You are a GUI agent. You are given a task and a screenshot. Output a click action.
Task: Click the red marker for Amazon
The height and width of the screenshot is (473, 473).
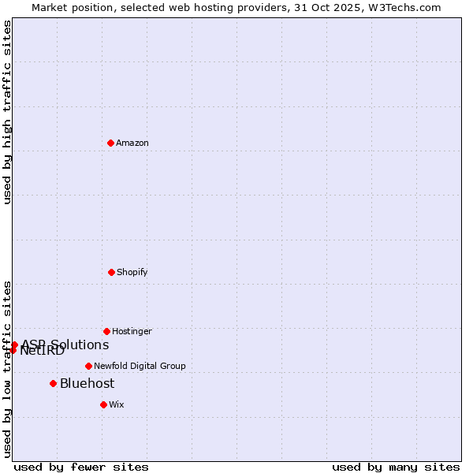point(111,143)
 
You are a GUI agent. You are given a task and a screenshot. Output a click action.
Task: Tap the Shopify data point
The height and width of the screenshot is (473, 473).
point(111,272)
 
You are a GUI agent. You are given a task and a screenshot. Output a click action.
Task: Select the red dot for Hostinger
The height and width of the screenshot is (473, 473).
point(106,331)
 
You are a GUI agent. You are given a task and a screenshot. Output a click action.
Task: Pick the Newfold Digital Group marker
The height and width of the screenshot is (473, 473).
point(88,366)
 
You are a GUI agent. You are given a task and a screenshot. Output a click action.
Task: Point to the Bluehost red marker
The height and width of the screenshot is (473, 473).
point(53,383)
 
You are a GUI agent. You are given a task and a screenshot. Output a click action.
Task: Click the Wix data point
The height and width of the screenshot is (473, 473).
point(103,404)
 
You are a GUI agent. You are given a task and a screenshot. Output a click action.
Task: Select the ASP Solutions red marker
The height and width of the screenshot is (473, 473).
point(14,345)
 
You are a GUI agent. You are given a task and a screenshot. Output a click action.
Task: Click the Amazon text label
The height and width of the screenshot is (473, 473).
point(132,143)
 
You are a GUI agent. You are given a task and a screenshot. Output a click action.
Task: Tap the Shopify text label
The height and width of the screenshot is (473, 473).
point(132,273)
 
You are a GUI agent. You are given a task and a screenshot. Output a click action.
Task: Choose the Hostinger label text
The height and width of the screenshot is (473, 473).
point(132,332)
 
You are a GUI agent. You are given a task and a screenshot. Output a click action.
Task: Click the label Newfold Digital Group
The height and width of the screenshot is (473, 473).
point(140,367)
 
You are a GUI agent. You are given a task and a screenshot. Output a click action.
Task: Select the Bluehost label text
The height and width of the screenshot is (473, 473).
point(87,384)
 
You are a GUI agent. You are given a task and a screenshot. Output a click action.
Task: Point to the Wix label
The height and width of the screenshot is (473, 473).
point(117,405)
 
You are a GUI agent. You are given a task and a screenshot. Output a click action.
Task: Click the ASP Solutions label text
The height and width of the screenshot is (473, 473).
point(65,345)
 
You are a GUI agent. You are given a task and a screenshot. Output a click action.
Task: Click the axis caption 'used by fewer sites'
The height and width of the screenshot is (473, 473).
point(81,467)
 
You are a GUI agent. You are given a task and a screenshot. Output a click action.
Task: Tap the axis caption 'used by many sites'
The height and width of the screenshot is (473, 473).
point(396,467)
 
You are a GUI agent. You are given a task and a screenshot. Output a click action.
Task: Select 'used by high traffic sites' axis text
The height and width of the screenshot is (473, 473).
point(7,112)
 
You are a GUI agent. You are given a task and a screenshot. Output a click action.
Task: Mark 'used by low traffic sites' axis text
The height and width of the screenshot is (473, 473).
point(7,369)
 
